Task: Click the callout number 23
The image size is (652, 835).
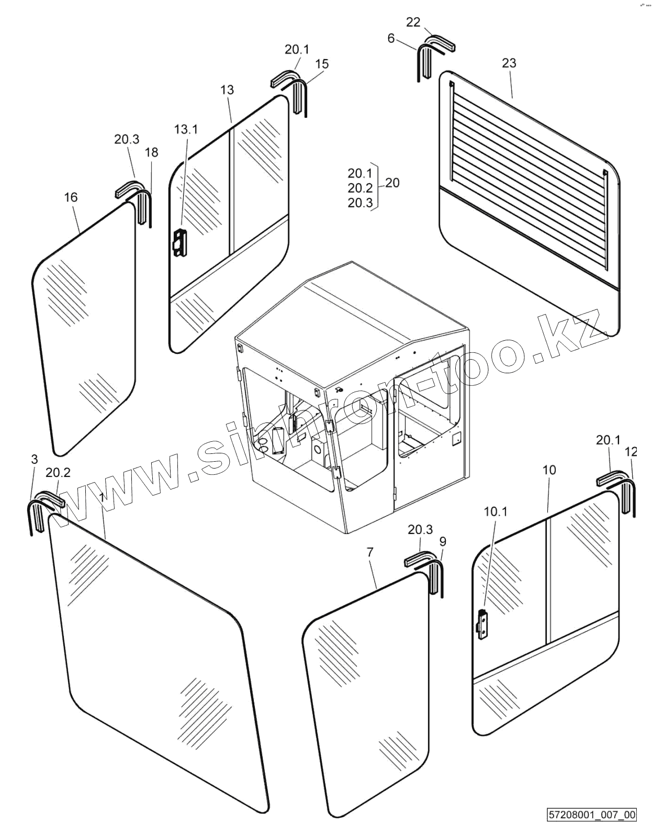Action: (x=509, y=63)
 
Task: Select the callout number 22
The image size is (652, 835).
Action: (x=413, y=22)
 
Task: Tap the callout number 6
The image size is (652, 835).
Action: (x=391, y=38)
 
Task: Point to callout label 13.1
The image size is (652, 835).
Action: (x=186, y=129)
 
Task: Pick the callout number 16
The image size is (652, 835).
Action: (x=71, y=197)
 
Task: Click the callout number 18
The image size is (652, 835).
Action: (x=151, y=152)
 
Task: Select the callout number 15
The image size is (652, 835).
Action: (x=322, y=64)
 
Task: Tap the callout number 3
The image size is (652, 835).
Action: (x=35, y=459)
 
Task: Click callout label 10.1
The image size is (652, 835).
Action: (x=495, y=511)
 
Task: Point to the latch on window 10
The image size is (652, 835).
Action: (x=484, y=626)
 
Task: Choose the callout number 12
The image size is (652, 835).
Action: (x=631, y=451)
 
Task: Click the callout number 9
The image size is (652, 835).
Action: (x=443, y=541)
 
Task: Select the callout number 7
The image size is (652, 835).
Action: (x=370, y=552)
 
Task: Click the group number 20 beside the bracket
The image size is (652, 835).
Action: (x=392, y=183)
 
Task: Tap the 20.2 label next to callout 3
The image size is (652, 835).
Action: (x=58, y=473)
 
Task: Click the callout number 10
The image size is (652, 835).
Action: (x=548, y=470)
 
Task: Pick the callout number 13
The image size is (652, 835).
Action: (x=227, y=90)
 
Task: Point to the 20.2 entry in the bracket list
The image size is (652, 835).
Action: (x=360, y=188)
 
